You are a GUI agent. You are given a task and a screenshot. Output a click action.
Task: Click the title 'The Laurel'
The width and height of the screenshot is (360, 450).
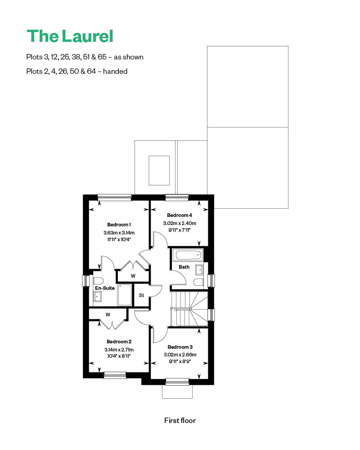[70, 36]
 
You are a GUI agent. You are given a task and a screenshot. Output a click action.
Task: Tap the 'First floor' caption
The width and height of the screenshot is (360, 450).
[180, 421]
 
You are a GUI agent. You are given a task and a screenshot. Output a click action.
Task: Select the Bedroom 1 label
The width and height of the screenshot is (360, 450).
[119, 225]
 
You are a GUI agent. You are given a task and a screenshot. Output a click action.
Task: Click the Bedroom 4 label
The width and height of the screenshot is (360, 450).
[180, 215]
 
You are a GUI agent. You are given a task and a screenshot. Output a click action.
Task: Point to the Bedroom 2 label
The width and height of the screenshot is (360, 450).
[119, 342]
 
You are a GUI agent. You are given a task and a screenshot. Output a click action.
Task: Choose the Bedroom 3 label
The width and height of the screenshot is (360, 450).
[180, 347]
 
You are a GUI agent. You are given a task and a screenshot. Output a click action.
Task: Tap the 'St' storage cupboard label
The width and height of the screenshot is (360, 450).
[141, 296]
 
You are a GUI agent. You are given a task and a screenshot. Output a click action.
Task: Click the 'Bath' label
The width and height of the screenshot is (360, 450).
[184, 267]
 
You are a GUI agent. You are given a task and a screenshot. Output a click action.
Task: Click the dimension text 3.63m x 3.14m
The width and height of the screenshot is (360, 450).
[119, 233]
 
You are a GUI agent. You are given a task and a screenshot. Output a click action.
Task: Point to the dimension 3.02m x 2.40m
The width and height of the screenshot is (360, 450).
[180, 223]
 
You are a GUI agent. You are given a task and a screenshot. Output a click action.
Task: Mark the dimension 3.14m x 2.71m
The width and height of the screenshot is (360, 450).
[119, 350]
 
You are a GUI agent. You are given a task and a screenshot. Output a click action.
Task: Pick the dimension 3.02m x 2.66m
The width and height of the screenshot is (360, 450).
[180, 355]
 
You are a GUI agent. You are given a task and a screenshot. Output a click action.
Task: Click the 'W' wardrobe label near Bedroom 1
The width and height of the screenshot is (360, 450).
[133, 276]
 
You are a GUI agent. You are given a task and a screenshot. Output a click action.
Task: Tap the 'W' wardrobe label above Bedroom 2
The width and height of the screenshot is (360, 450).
[108, 314]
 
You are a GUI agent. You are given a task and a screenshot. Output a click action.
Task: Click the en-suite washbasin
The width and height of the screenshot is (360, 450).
[98, 297]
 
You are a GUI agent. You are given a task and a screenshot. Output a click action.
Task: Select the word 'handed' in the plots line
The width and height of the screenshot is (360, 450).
[115, 71]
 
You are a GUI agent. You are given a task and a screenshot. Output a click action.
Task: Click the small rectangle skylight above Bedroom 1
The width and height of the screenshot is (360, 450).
[159, 170]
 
